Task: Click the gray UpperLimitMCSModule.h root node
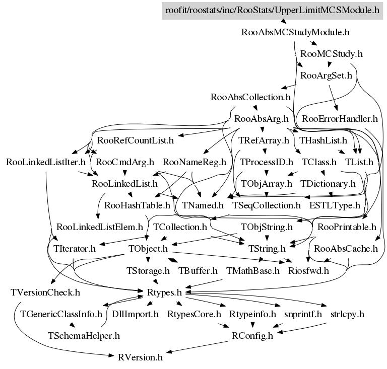[272, 11]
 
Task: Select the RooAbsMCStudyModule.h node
[295, 32]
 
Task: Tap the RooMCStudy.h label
[332, 54]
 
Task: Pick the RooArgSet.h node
[326, 76]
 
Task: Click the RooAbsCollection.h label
[250, 97]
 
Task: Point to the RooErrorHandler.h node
[340, 119]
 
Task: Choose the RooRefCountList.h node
[136, 140]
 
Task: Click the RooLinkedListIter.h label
[46, 162]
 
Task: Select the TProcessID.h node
[267, 162]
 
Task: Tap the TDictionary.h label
[328, 184]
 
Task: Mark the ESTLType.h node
[335, 205]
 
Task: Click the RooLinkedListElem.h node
[100, 227]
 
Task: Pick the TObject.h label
[148, 249]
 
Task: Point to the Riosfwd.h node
[308, 271]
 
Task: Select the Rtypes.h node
[164, 292]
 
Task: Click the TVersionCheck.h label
[45, 292]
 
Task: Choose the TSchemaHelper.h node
[84, 336]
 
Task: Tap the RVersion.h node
[140, 357]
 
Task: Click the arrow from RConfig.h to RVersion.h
[197, 347]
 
